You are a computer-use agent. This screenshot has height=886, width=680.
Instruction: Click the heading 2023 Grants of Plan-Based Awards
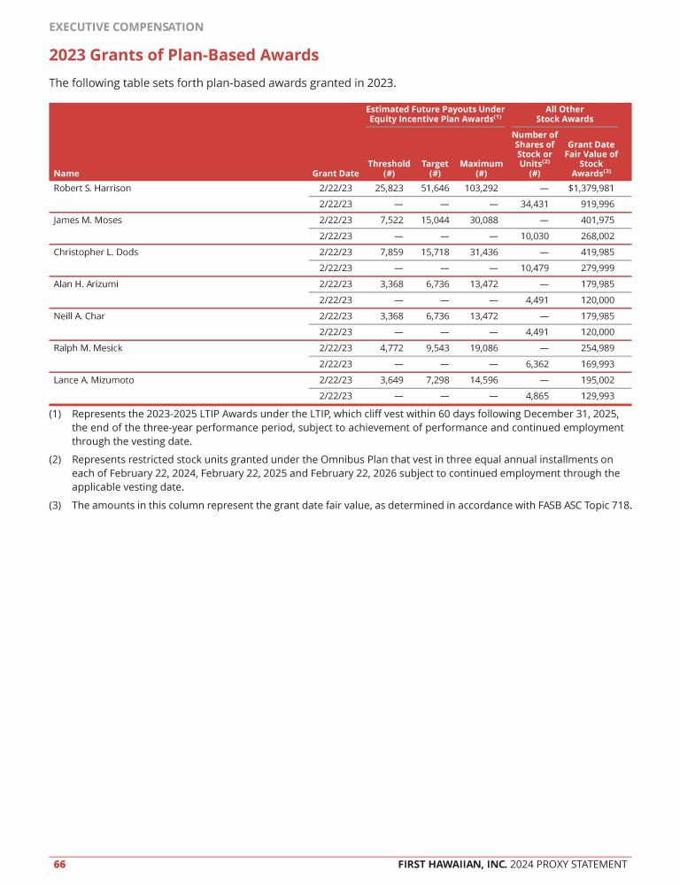(183, 56)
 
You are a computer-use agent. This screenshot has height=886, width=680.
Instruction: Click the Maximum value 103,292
(482, 189)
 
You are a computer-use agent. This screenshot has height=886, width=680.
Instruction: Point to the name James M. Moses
(87, 220)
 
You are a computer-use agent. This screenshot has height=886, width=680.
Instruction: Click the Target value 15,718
(435, 252)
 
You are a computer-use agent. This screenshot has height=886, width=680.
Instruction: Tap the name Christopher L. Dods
(96, 252)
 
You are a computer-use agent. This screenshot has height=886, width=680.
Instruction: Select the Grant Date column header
(336, 174)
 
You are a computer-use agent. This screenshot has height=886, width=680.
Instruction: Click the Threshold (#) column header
(389, 168)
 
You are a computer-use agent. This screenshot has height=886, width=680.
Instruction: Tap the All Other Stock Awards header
(565, 114)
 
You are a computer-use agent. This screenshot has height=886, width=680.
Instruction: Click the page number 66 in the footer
(59, 865)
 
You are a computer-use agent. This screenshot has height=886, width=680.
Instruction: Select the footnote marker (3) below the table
(55, 506)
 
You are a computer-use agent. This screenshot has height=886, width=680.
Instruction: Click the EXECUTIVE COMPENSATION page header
(126, 27)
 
